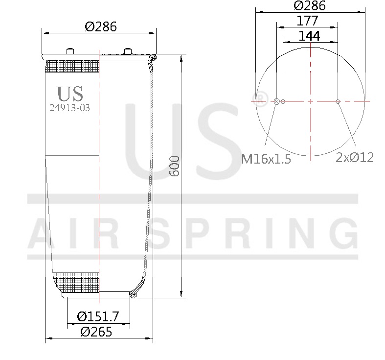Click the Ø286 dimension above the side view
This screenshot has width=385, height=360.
(101, 27)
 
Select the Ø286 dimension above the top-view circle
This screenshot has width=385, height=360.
(309, 6)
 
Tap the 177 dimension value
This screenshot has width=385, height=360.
(307, 21)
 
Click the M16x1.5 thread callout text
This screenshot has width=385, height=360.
(266, 159)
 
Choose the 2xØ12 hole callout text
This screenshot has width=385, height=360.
(355, 157)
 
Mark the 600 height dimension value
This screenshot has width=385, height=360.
(175, 167)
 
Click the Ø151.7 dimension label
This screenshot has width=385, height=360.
(98, 316)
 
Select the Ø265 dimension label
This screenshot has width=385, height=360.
(96, 332)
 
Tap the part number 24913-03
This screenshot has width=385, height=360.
(69, 108)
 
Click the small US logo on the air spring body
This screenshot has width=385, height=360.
(70, 93)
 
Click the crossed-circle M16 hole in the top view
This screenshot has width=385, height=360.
(276, 101)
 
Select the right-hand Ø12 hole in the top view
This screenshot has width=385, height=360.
(338, 101)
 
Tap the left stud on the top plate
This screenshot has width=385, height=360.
(69, 51)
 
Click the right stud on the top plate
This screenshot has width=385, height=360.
(128, 51)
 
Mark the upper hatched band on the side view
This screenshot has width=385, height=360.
(72, 66)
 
